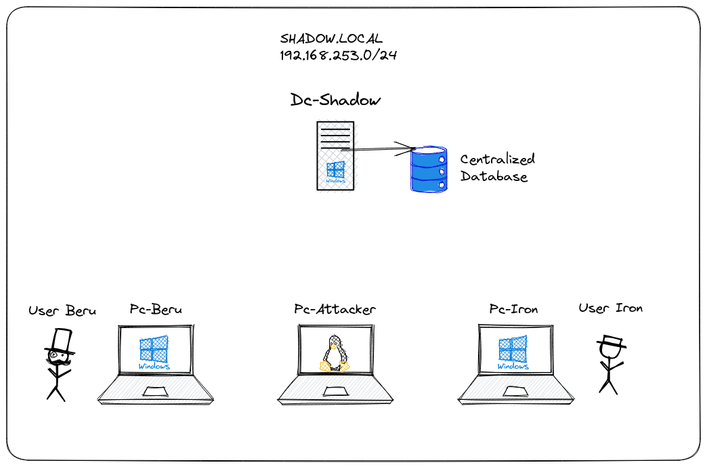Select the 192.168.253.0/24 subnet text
(x=338, y=55)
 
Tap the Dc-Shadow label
(x=336, y=100)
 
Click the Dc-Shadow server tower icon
(x=335, y=155)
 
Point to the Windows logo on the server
(x=335, y=170)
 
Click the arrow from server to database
(x=379, y=149)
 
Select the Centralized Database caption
(x=497, y=167)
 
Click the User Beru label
(x=62, y=311)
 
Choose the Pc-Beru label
(x=156, y=309)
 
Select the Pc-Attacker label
(x=335, y=309)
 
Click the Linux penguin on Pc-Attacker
(x=335, y=353)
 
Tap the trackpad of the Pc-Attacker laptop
(x=335, y=392)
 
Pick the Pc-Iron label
(x=513, y=309)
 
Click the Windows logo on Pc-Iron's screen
(x=513, y=348)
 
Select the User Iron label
(x=610, y=308)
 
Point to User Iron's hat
(x=611, y=342)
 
